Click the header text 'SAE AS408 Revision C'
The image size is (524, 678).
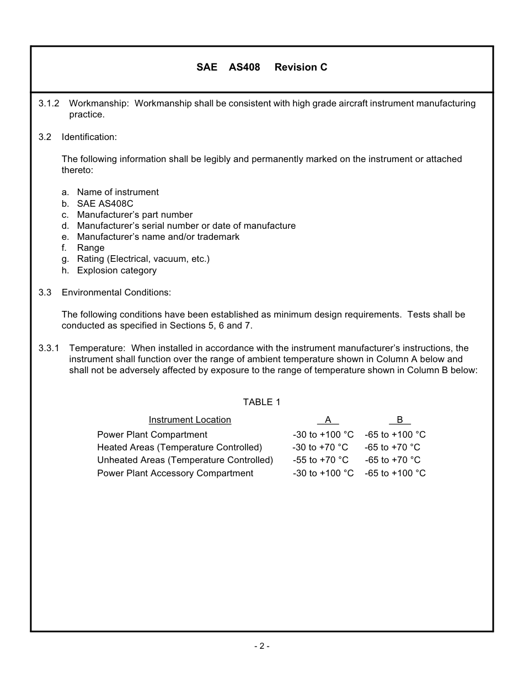click(x=261, y=67)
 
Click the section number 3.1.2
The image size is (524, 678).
click(x=49, y=104)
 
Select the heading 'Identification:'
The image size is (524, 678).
click(x=89, y=137)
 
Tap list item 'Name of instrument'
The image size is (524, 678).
click(x=117, y=192)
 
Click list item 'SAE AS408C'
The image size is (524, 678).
click(x=105, y=203)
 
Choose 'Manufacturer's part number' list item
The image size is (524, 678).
click(x=135, y=214)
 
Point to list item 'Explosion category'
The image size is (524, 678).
click(x=116, y=270)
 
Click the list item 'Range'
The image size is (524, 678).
click(x=90, y=248)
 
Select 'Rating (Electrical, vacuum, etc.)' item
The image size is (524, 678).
click(x=143, y=259)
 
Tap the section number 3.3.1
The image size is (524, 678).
click(x=49, y=348)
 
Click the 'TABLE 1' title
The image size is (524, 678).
click(x=261, y=402)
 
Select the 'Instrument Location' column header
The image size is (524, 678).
click(x=190, y=420)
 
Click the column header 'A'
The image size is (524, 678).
click(x=328, y=420)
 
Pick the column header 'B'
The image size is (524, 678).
click(x=399, y=420)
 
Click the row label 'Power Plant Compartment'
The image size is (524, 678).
click(x=152, y=435)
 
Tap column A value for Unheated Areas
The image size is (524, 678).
click(x=320, y=460)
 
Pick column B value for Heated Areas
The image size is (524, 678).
click(x=392, y=448)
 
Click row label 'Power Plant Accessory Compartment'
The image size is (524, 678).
click(x=175, y=473)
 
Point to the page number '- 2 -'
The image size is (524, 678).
click(x=261, y=646)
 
